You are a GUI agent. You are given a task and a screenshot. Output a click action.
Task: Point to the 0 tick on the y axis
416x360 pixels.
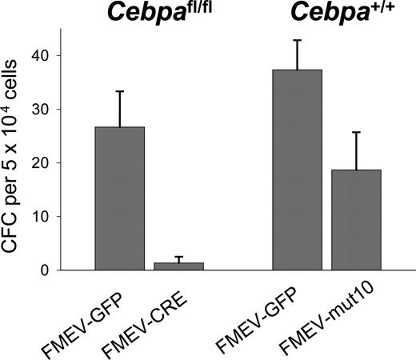(49, 270)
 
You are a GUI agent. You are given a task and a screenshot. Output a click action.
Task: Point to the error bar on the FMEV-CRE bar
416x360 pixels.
(179, 259)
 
